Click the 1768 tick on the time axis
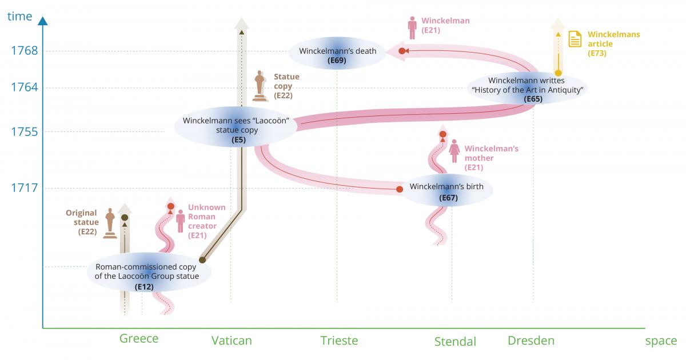click(x=24, y=51)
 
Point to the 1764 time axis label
click(x=24, y=87)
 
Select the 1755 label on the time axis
click(x=24, y=132)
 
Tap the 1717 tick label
click(x=24, y=188)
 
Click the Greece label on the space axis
click(x=139, y=339)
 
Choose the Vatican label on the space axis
click(x=232, y=341)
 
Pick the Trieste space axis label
click(x=339, y=341)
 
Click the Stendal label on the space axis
click(x=455, y=342)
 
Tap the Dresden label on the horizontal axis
click(x=531, y=341)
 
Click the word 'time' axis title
click(x=20, y=16)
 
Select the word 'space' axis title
click(x=661, y=341)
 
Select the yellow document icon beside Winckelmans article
click(x=575, y=39)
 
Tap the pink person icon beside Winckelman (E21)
click(x=412, y=27)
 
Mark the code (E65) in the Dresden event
click(x=533, y=99)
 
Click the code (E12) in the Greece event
click(x=144, y=287)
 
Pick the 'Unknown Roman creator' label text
click(x=206, y=217)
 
